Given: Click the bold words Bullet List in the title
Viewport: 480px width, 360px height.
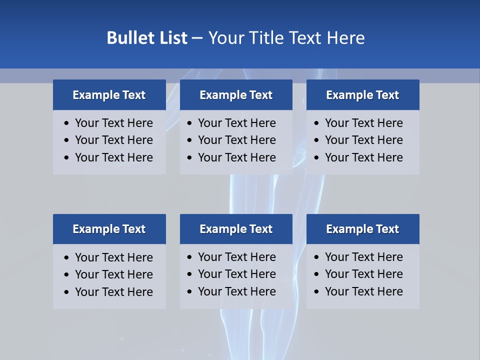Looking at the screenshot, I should tap(147, 38).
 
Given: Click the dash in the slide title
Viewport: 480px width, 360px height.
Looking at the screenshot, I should tap(197, 38).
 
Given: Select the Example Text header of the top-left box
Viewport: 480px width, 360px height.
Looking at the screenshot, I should tap(109, 95).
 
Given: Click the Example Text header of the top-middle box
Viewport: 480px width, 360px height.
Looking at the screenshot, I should tap(236, 95).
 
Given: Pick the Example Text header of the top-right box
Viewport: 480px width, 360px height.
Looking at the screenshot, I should tap(362, 95).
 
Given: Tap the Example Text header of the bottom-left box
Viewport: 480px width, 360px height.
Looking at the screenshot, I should tap(109, 229).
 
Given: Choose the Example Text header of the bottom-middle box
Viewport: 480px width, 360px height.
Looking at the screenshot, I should tap(236, 229).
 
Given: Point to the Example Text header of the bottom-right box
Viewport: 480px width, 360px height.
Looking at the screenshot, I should tap(362, 229).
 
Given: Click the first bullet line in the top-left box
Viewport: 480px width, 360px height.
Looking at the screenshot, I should tap(113, 123).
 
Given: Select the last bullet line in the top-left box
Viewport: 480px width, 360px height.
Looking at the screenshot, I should tap(113, 157).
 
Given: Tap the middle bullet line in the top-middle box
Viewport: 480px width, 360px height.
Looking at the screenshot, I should tap(236, 140).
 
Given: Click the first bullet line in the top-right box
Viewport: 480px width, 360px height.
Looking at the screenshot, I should tap(363, 123).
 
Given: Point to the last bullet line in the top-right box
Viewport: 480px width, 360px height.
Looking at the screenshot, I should tap(363, 157).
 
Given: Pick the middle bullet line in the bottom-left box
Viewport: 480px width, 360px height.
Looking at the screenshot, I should tap(113, 274).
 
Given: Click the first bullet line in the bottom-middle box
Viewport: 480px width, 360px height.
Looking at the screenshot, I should tap(236, 257).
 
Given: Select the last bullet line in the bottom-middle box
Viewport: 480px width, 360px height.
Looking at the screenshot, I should tap(236, 291).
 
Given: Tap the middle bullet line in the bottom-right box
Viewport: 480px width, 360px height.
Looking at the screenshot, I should tap(363, 274).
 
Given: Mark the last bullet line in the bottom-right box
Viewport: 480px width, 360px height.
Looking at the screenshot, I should tap(363, 291).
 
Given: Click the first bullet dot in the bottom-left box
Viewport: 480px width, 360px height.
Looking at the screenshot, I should tap(67, 258).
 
